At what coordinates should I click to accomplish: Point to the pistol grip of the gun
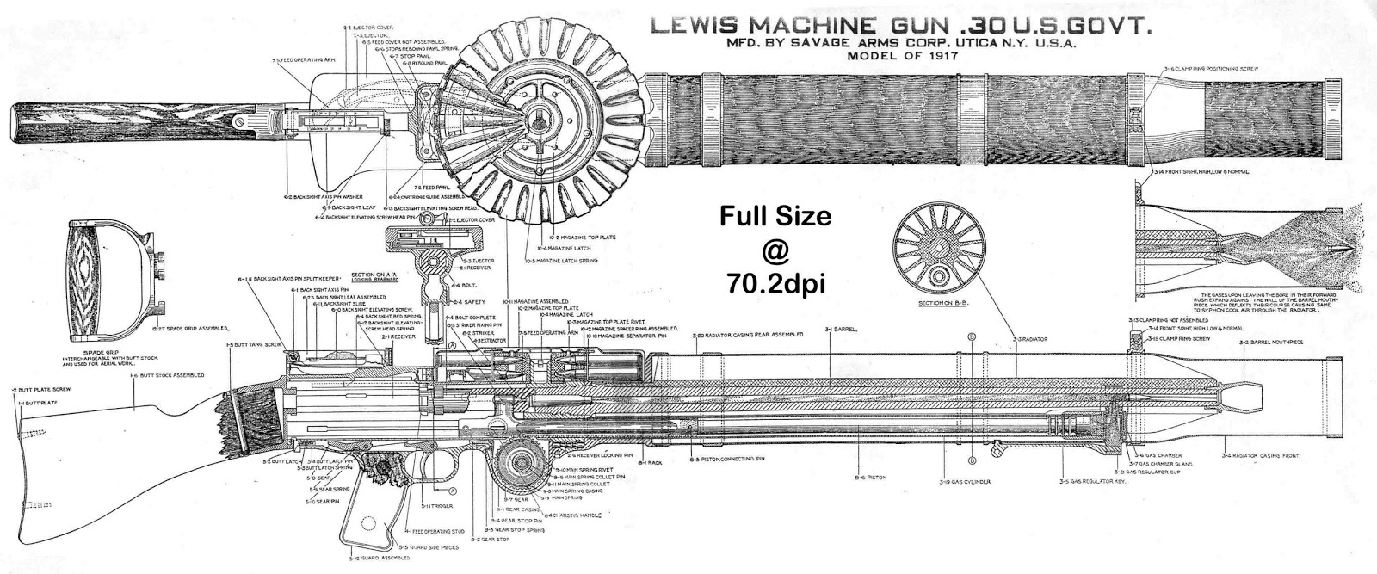tap(370, 516)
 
